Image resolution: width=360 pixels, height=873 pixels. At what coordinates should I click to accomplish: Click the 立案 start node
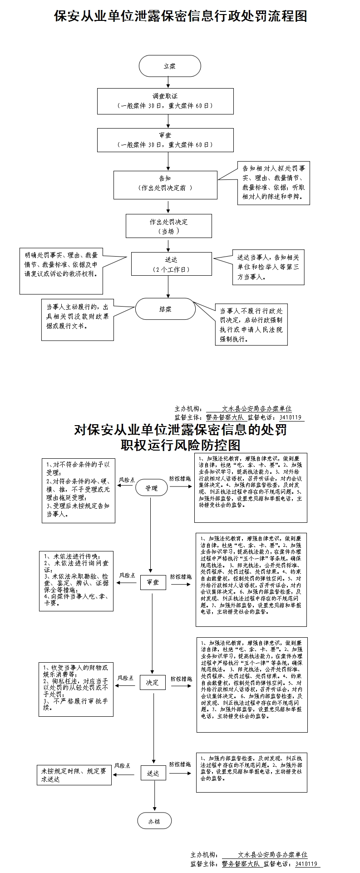point(169,66)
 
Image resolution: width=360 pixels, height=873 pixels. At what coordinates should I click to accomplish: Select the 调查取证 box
point(165,101)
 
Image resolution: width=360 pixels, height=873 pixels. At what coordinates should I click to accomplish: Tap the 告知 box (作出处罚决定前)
point(165,185)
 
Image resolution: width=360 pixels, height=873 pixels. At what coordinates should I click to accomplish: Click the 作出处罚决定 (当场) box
point(168,226)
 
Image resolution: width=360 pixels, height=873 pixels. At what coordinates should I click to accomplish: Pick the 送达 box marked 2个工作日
point(171,264)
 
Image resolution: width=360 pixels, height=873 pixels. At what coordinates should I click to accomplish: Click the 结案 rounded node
point(165,309)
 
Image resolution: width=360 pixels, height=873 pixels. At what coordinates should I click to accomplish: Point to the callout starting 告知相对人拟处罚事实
point(273,183)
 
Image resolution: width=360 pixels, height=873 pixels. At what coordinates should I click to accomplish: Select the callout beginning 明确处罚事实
point(61,271)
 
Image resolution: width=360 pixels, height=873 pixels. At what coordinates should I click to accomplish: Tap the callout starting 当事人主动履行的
point(77,320)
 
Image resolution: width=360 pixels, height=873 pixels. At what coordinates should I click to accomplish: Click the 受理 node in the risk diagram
point(151,488)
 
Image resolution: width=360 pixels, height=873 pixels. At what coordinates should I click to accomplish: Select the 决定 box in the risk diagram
point(153,683)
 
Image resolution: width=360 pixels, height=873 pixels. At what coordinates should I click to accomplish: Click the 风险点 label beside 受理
point(127,480)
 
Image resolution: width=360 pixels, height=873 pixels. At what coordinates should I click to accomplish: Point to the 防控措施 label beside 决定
point(181,679)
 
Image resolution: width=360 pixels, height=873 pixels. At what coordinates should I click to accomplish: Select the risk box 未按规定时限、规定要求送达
point(74,775)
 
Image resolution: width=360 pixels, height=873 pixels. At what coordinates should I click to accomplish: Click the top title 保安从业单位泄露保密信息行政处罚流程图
point(181,16)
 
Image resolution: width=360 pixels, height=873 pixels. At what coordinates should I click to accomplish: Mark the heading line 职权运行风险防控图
point(180,445)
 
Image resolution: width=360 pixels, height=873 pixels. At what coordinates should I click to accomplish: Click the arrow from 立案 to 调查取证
point(169,82)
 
